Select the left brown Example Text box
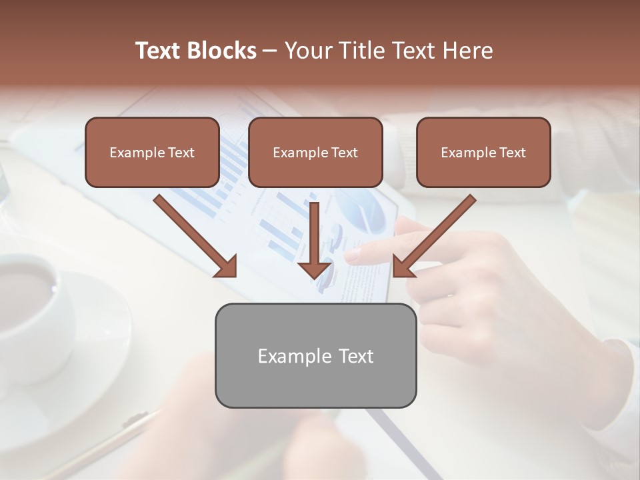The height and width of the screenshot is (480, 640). click(152, 153)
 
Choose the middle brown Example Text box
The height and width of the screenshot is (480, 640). click(315, 153)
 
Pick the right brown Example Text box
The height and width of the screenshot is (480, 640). click(483, 153)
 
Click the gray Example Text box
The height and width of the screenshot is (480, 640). click(315, 355)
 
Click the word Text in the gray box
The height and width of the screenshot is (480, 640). click(355, 356)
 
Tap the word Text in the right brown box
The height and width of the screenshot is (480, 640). click(512, 153)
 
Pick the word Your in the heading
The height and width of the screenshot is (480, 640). click(307, 51)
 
